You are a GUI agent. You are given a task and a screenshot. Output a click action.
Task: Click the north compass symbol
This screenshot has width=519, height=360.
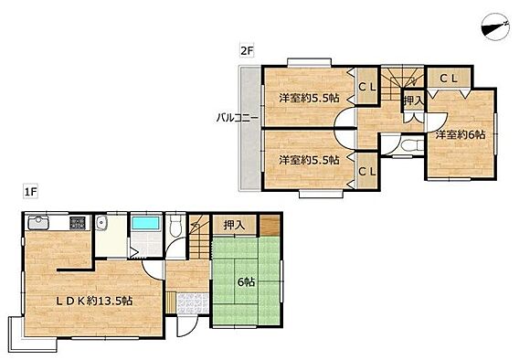point(495,27)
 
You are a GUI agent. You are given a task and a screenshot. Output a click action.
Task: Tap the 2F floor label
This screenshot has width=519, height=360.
point(247,51)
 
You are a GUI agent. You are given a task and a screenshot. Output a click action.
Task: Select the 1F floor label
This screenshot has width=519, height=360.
point(30,192)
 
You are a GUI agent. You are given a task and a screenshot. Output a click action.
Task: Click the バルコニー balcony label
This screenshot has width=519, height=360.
point(238,118)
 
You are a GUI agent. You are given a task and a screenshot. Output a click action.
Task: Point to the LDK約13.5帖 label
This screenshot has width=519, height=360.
point(94,301)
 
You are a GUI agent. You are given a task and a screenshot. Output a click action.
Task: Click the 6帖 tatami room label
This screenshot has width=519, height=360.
point(247,282)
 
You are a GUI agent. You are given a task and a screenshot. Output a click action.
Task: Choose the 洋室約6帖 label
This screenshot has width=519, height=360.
point(461,134)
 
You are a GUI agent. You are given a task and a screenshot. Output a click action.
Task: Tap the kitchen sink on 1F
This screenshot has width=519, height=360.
point(38,222)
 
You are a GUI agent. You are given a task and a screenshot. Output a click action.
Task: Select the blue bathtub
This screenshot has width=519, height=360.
point(146,223)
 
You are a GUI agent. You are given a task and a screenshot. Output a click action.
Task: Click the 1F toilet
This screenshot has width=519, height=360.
point(175,225)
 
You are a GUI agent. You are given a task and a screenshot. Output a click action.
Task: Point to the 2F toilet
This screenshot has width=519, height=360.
point(410,145)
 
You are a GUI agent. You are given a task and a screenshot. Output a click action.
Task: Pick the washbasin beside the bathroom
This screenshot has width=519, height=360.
point(100,222)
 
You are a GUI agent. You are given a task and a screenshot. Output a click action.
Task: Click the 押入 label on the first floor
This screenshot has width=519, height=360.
point(234,226)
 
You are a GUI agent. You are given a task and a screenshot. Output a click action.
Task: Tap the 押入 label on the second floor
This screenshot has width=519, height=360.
point(413,101)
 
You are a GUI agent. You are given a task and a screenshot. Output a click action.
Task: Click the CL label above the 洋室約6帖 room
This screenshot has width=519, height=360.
point(449,79)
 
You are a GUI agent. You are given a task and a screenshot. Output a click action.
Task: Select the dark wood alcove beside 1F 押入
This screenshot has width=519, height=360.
point(270,226)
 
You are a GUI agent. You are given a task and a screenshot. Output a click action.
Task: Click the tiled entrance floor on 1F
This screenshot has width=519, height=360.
point(193,303)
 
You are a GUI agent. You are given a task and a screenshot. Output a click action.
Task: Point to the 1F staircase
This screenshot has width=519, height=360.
point(199,237)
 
